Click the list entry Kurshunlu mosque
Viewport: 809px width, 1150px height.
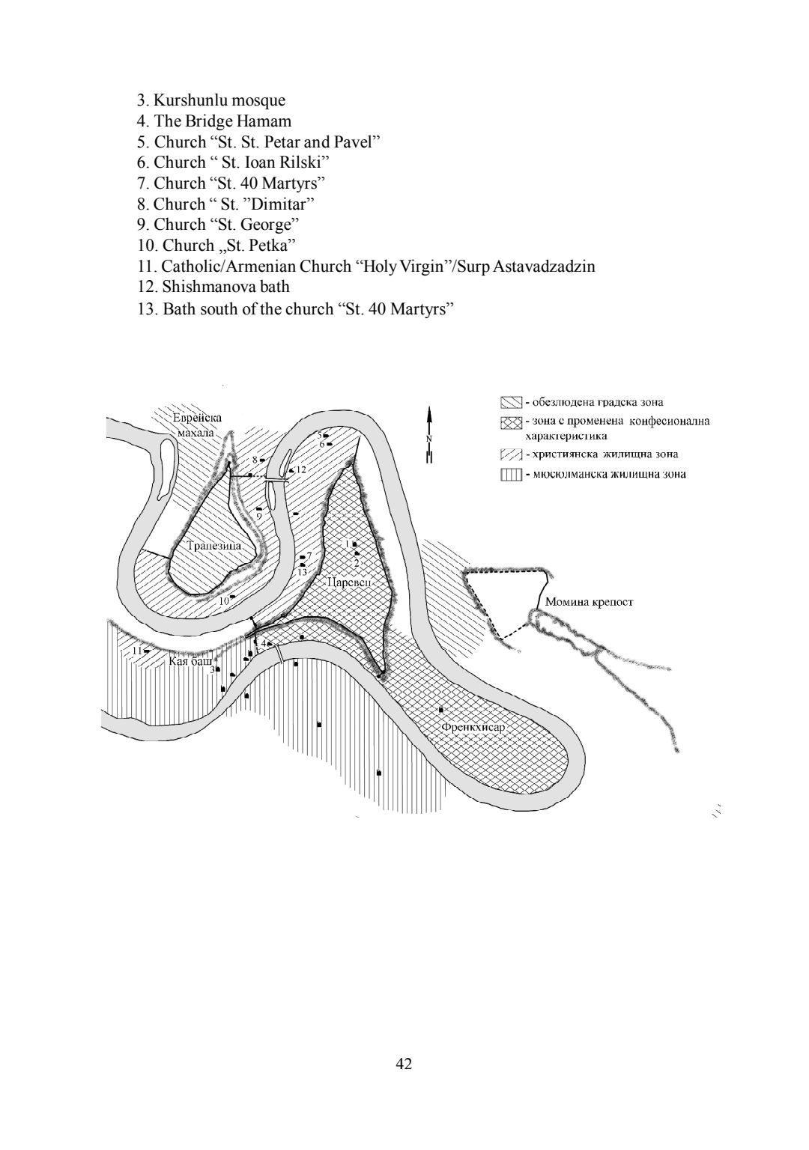(211, 100)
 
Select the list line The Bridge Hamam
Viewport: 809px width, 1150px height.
(214, 121)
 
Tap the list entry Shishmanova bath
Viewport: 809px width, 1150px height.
(213, 287)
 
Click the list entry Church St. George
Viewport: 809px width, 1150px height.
(218, 225)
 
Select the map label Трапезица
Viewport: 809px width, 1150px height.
(213, 546)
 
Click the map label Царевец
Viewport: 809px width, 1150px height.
(348, 583)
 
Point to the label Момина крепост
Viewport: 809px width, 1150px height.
(589, 602)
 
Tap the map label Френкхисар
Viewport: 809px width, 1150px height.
(473, 728)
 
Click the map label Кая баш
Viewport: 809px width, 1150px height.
(190, 661)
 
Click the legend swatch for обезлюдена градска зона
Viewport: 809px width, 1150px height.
(511, 402)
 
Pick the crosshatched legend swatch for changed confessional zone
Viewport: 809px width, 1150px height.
(511, 422)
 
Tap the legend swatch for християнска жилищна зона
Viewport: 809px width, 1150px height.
(511, 454)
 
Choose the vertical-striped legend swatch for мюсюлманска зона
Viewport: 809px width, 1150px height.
(511, 475)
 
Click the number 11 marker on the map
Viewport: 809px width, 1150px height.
(136, 651)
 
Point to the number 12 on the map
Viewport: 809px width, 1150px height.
(301, 469)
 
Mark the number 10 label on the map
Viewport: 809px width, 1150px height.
(224, 600)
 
